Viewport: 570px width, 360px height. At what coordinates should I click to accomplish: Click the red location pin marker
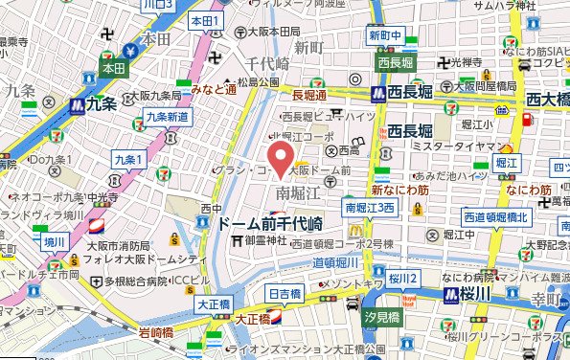click(x=280, y=158)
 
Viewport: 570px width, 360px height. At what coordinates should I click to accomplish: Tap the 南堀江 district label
click(x=303, y=193)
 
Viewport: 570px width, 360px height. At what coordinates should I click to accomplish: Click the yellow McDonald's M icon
click(x=355, y=229)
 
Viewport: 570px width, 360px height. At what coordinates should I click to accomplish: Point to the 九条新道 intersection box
click(x=168, y=117)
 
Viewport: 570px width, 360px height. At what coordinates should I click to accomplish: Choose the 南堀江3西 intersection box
click(x=370, y=208)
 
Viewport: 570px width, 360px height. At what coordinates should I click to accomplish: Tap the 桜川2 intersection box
click(x=403, y=278)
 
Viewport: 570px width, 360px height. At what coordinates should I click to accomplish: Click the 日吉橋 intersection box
click(x=286, y=294)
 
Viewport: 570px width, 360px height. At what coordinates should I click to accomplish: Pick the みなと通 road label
click(x=213, y=89)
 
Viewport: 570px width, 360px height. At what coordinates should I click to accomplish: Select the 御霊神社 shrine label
click(x=265, y=239)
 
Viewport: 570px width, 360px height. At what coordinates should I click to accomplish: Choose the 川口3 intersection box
click(x=154, y=5)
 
